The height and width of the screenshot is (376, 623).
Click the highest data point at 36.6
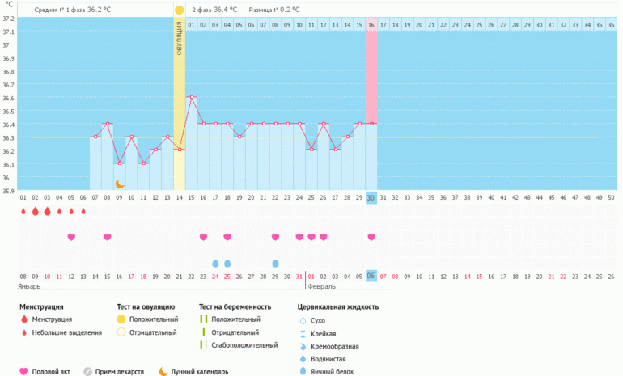coord(192,97)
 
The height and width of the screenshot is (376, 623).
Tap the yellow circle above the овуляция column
coord(180,10)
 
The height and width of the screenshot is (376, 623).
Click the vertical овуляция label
coord(180,38)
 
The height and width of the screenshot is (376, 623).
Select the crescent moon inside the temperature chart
coord(119,184)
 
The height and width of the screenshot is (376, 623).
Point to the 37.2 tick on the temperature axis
coord(8,18)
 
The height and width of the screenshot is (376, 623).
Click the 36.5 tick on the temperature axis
coord(8,111)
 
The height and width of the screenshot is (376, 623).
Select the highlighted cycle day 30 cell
coord(371,198)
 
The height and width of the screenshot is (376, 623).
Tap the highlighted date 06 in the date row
coord(371,276)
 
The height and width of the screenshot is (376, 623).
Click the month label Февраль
coord(321,286)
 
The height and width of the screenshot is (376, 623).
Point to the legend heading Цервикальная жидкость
coord(337,307)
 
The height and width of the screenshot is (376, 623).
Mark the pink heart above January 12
coord(71,237)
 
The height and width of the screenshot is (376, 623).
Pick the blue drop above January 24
coord(215,264)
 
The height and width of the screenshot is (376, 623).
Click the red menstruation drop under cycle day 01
coord(23,212)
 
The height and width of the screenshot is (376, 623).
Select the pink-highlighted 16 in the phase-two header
coord(371,25)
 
